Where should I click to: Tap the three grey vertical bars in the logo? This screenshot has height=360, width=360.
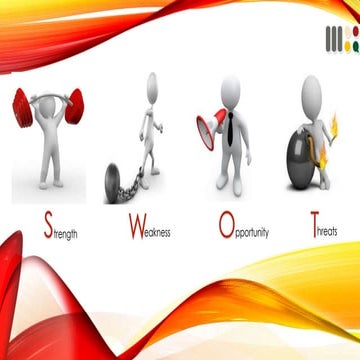click(332, 40)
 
